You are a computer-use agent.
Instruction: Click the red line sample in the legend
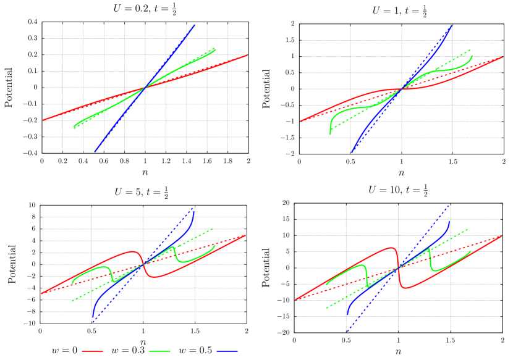pyautogui.click(x=92, y=351)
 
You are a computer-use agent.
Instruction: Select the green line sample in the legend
pyautogui.click(x=159, y=351)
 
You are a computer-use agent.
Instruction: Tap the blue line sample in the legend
pyautogui.click(x=227, y=351)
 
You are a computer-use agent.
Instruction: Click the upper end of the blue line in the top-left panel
pyautogui.click(x=195, y=25)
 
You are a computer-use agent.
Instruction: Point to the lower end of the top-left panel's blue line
pyautogui.click(x=95, y=151)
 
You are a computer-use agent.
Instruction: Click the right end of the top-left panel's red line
pyautogui.click(x=247, y=56)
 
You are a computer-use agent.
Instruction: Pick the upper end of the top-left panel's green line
pyautogui.click(x=215, y=49)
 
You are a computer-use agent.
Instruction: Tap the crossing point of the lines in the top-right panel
pyautogui.click(x=401, y=90)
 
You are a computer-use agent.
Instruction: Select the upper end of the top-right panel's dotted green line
pyautogui.click(x=470, y=50)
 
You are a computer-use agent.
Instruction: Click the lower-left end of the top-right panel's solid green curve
pyautogui.click(x=330, y=133)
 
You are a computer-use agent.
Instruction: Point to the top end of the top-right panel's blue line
pyautogui.click(x=452, y=25)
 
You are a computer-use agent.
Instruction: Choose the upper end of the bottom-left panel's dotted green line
pyautogui.click(x=213, y=228)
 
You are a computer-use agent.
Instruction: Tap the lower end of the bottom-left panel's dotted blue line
pyautogui.click(x=93, y=322)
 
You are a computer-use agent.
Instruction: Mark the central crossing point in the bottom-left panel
pyautogui.click(x=143, y=264)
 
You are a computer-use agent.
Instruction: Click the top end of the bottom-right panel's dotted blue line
pyautogui.click(x=449, y=206)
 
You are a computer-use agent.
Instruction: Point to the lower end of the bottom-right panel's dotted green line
pyautogui.click(x=326, y=308)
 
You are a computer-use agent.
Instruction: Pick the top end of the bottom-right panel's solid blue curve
pyautogui.click(x=449, y=221)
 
